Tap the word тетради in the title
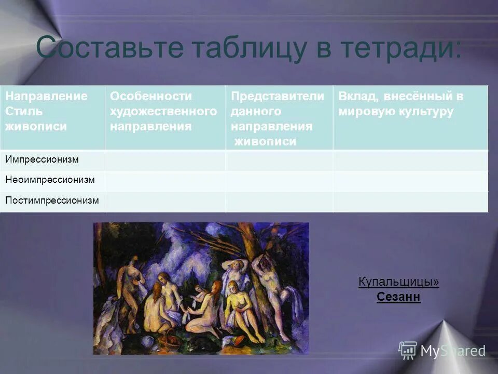click(x=400, y=48)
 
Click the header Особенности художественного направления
click(x=163, y=111)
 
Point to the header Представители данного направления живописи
click(x=278, y=118)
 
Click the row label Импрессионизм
click(x=42, y=159)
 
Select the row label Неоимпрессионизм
click(x=50, y=180)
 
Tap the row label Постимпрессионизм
click(x=52, y=200)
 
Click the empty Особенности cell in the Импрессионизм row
click(x=165, y=160)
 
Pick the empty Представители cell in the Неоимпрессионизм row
click(x=279, y=180)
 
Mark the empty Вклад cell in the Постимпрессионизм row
click(x=410, y=201)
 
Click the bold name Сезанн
click(x=398, y=298)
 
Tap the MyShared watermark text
click(x=452, y=351)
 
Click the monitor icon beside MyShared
click(x=408, y=350)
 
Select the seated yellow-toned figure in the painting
click(x=236, y=306)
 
